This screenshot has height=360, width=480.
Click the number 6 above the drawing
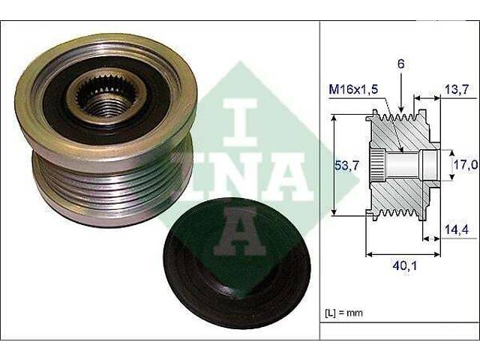pos(401,65)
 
